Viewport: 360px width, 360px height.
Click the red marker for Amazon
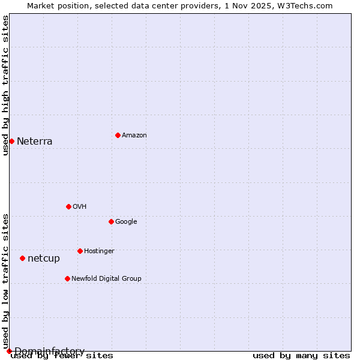[118, 135]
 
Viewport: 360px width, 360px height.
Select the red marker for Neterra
[11, 141]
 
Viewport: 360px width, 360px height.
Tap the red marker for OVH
[68, 206]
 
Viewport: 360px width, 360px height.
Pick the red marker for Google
[111, 221]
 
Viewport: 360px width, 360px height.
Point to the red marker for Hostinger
[80, 251]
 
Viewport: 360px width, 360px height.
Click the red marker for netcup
[22, 258]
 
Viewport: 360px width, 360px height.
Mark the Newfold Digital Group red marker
[67, 278]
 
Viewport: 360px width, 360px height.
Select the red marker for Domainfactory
[9, 351]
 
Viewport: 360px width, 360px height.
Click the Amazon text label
[134, 135]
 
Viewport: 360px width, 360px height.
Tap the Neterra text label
[34, 142]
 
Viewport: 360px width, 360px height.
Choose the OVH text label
[80, 206]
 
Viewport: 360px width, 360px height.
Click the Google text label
[126, 221]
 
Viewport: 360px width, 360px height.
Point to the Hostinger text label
[99, 251]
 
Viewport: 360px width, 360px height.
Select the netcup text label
[44, 259]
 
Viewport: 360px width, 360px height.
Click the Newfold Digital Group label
[106, 278]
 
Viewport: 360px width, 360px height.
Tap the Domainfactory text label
[49, 351]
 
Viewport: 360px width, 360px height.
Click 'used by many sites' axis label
[301, 356]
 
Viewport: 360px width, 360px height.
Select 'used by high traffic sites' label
[5, 85]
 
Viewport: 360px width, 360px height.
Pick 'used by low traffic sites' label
[5, 281]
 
